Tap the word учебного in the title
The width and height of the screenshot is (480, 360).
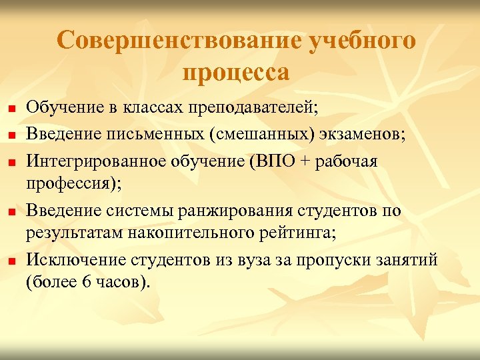click(362, 41)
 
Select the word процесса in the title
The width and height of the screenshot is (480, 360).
click(235, 72)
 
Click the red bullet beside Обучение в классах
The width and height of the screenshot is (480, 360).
click(11, 107)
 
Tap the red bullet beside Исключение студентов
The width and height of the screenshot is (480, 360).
click(11, 261)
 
